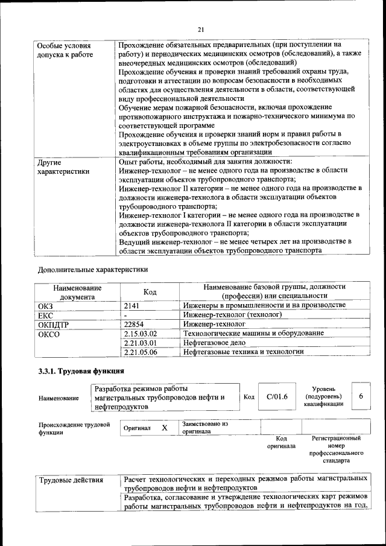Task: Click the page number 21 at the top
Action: click(201, 29)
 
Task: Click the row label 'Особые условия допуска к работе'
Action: click(65, 50)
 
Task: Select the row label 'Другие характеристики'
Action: click(63, 167)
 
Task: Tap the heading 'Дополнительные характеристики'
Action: click(92, 269)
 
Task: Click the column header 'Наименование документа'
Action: click(77, 292)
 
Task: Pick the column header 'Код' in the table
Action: click(150, 292)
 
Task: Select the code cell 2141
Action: click(131, 306)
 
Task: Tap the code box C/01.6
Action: click(277, 396)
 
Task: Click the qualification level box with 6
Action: click(361, 396)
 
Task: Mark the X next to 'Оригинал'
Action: click(164, 428)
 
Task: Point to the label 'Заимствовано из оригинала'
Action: click(205, 428)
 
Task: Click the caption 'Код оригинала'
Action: click(281, 442)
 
